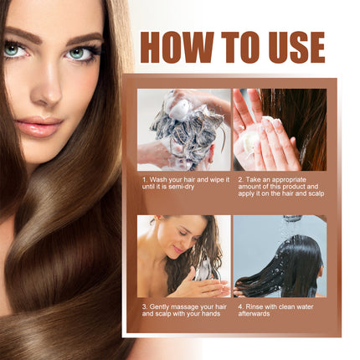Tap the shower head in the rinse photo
coord(291,219)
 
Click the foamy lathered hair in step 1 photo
coord(180,126)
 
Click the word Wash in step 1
coord(158,179)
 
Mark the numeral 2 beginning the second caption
coord(239,179)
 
